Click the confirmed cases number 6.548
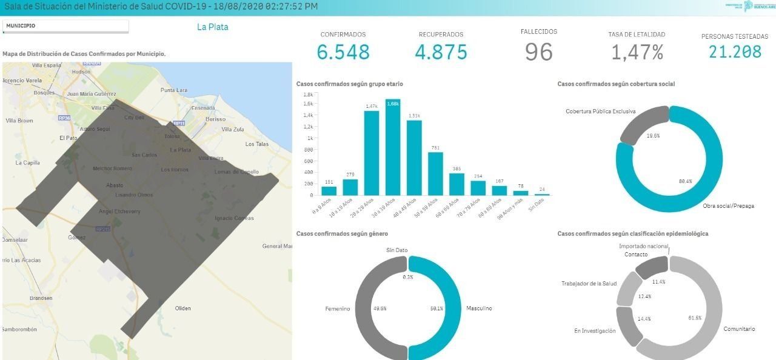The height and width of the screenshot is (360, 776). pos(343,52)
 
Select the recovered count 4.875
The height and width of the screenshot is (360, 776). pos(441,52)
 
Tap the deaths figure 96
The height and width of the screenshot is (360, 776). pos(539,52)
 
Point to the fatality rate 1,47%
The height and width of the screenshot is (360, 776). pos(637,53)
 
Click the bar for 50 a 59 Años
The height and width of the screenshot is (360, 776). pos(435,173)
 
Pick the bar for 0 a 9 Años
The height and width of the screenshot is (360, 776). pos(329,190)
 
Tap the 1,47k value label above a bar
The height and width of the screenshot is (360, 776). pos(371,106)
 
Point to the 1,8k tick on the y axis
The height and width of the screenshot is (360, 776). pos(308,95)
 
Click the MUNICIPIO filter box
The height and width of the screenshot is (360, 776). pos(65,26)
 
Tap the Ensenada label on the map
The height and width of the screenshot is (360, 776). pos(202,108)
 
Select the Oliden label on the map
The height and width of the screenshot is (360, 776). pos(182,308)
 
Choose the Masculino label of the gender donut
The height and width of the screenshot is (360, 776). pos(479,308)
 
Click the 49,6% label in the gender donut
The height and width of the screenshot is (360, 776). pos(381,308)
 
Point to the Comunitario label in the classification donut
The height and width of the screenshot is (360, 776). pos(739,329)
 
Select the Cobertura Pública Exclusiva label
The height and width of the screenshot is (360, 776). pos(600,112)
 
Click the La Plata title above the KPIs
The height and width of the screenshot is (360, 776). pos(212,27)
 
